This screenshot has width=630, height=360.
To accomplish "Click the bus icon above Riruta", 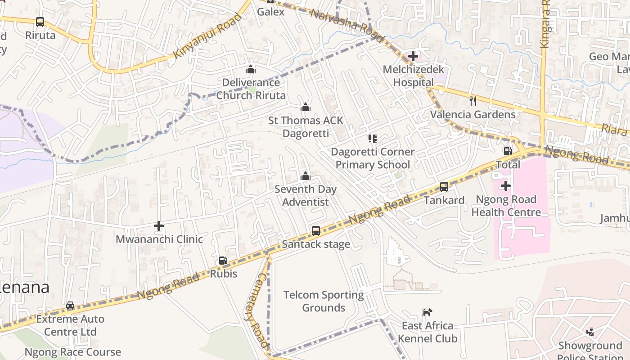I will click(40, 22).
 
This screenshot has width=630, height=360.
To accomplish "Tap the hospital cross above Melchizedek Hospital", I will click(413, 56).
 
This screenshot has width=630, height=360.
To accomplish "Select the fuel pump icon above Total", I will click(508, 151).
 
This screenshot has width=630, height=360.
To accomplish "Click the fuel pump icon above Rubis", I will click(223, 260).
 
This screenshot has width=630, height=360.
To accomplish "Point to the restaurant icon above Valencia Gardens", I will click(472, 101).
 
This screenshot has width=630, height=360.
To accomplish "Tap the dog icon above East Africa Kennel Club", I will click(427, 312).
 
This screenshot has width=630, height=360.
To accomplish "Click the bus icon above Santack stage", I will click(316, 231).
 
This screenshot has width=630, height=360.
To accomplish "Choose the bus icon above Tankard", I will click(444, 186).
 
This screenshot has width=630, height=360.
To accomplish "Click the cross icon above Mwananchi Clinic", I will click(159, 226).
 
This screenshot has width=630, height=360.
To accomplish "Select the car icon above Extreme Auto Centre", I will click(70, 306).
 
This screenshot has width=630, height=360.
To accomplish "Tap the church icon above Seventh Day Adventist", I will click(306, 175).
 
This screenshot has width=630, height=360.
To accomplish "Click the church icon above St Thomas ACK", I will click(306, 107).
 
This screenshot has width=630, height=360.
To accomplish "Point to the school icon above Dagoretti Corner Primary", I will click(372, 138).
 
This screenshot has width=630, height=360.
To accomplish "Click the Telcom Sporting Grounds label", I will click(324, 301).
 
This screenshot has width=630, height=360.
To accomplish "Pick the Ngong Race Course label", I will click(72, 352).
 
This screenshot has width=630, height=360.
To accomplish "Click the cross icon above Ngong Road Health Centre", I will click(506, 185).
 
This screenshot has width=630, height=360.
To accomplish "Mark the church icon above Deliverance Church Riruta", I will click(251, 69).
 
